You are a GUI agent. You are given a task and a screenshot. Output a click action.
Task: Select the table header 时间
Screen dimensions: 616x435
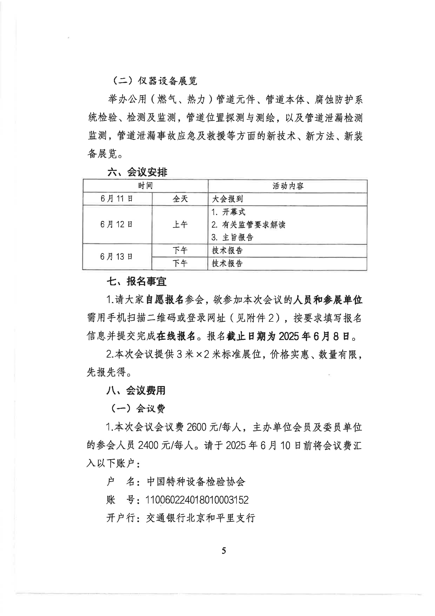145,186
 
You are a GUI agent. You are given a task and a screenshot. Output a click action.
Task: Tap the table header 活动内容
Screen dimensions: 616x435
288,186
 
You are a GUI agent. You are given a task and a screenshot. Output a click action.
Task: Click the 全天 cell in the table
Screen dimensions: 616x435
180,199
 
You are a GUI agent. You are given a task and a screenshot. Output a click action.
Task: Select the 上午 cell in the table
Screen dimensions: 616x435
180,225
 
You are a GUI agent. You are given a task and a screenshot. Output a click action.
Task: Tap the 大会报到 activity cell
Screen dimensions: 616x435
227,199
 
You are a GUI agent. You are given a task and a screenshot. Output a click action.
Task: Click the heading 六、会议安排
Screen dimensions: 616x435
137,172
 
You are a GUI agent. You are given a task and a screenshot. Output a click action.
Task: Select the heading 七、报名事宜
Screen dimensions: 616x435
137,282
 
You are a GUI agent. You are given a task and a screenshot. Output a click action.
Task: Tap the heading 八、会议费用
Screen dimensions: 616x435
136,390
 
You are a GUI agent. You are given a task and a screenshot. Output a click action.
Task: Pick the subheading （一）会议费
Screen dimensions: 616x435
138,409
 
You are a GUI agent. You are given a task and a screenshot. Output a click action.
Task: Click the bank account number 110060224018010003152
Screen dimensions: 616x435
197,500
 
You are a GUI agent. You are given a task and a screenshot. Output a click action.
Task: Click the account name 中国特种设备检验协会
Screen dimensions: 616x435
196,482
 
